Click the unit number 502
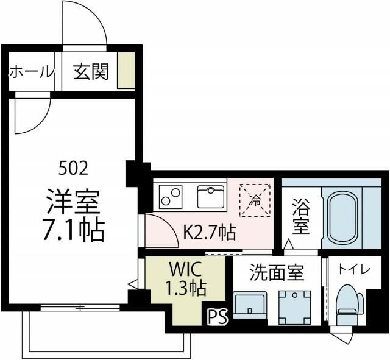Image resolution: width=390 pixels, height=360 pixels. [x=73, y=167]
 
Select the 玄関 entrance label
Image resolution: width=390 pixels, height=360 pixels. [x=91, y=72]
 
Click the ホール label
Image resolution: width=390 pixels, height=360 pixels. [x=31, y=72]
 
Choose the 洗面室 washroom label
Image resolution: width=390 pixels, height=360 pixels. [x=277, y=273]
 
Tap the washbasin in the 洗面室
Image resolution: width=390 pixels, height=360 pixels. [x=250, y=305]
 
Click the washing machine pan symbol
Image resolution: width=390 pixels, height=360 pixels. [x=295, y=304]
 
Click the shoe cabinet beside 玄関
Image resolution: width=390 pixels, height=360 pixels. [x=126, y=72]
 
